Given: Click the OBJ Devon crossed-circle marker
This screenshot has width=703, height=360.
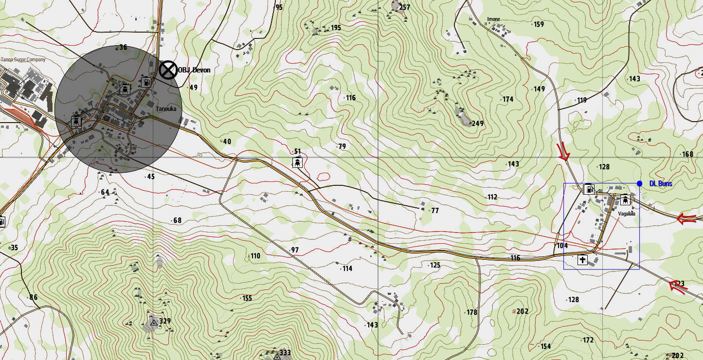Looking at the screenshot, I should pyautogui.click(x=168, y=70).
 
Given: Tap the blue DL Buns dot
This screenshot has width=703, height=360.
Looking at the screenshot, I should pyautogui.click(x=639, y=183).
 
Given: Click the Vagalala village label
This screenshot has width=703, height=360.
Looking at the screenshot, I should pyautogui.click(x=627, y=214).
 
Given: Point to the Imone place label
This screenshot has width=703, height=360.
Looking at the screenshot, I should pyautogui.click(x=493, y=19).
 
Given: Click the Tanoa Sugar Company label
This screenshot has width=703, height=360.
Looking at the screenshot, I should pyautogui.click(x=23, y=60).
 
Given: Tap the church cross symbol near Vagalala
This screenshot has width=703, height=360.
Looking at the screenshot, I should pyautogui.click(x=582, y=260).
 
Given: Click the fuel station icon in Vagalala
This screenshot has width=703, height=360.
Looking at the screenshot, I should pyautogui.click(x=589, y=189).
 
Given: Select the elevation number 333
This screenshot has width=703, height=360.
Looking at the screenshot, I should pyautogui.click(x=285, y=353).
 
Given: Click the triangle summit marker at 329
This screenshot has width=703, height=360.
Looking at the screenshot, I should pyautogui.click(x=154, y=322).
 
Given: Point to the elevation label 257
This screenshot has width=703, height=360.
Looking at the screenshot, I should pyautogui.click(x=404, y=7).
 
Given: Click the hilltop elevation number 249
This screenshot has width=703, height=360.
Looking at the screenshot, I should pyautogui.click(x=477, y=124).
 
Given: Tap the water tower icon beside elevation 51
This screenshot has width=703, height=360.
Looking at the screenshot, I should pyautogui.click(x=296, y=162).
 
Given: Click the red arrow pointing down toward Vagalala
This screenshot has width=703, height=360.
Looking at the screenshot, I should pyautogui.click(x=563, y=152).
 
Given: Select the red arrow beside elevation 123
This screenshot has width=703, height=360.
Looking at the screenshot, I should pyautogui.click(x=678, y=287).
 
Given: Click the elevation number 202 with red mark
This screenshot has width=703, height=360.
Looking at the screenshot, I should pyautogui.click(x=522, y=311).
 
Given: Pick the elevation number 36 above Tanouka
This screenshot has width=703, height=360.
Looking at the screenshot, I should pyautogui.click(x=123, y=47).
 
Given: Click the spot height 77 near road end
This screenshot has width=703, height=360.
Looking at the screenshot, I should pyautogui.click(x=434, y=211).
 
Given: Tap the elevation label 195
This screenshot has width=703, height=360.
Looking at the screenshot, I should pyautogui.click(x=336, y=28).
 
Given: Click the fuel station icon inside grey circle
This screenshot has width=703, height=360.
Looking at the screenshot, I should pyautogui.click(x=145, y=82).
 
